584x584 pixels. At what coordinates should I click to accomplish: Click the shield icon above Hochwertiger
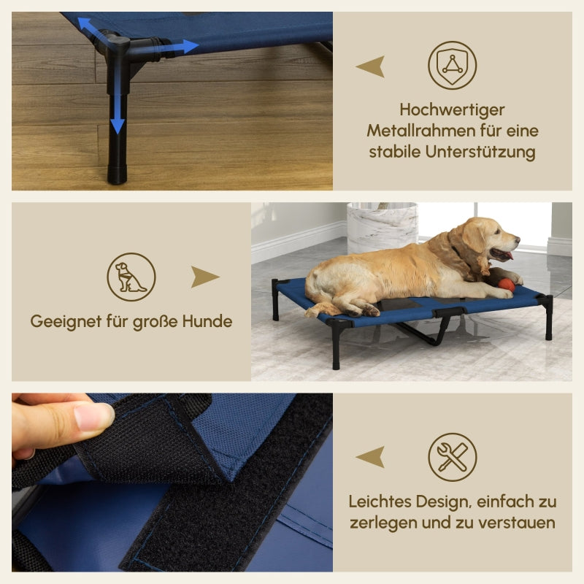click(x=452, y=65)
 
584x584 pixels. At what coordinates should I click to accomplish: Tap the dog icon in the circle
click(x=131, y=277)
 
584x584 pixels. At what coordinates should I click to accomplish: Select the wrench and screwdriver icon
click(x=452, y=457)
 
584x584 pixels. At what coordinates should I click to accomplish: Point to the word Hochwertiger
click(x=452, y=110)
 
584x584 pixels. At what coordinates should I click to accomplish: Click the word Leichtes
click(x=381, y=502)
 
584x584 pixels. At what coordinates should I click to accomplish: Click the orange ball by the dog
click(x=506, y=285)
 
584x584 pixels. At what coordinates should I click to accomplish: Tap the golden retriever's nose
click(x=516, y=239)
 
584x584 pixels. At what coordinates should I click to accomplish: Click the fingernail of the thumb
click(x=93, y=417)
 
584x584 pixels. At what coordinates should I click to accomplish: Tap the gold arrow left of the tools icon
click(x=371, y=458)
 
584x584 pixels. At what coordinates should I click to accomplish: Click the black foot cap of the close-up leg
click(x=117, y=175)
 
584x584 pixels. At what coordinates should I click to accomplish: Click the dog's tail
click(x=321, y=309)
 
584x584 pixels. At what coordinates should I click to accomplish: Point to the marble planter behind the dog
click(x=381, y=226)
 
